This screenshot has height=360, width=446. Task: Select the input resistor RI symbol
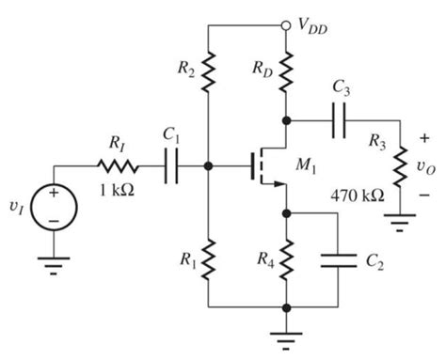coord(118,169)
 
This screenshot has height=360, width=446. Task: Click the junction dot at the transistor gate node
coord(209,169)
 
